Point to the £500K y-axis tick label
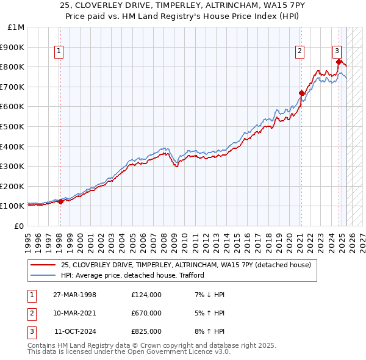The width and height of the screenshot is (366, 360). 13,127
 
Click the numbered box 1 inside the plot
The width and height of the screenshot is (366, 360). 60,52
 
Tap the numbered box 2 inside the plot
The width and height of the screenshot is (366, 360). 300,52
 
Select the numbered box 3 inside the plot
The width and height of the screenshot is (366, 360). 337,52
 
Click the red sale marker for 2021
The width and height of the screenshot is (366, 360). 301,93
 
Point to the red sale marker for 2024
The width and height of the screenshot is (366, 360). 339,62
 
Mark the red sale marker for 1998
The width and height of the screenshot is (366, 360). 60,201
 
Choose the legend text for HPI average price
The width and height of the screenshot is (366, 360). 132,275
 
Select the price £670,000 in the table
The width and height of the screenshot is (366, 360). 146,313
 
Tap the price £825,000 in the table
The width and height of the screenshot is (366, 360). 146,331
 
